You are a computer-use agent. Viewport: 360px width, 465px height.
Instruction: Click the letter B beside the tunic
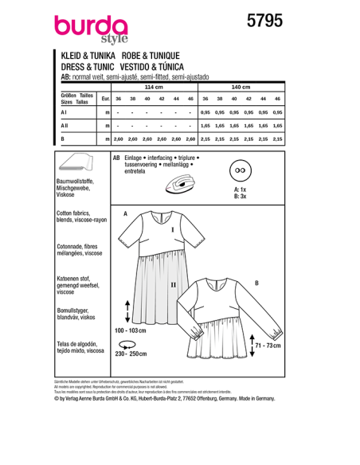pyautogui.click(x=256, y=283)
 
